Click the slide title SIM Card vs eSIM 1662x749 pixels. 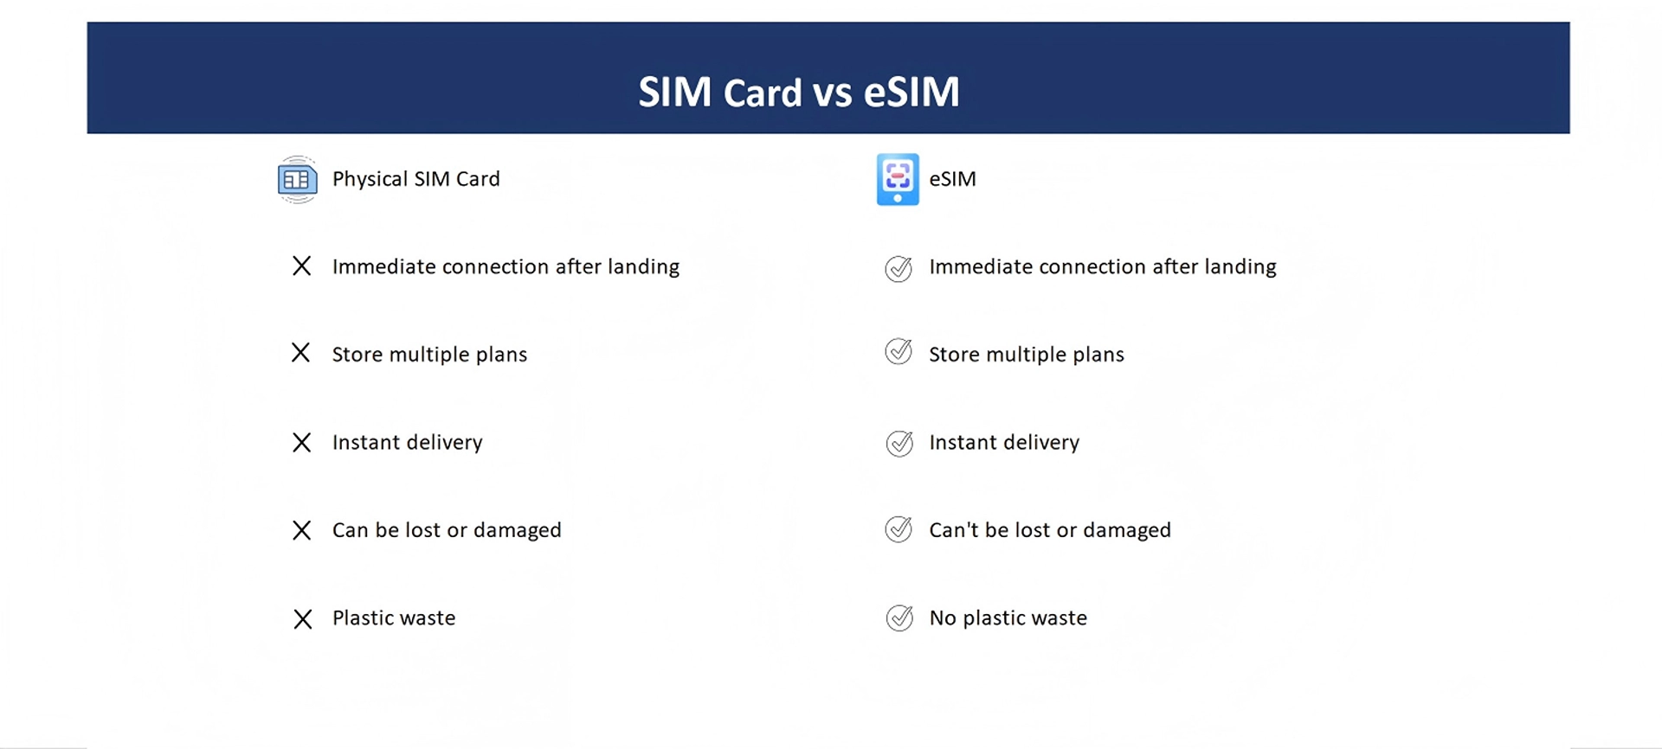pos(799,92)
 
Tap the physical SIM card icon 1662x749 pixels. pos(297,180)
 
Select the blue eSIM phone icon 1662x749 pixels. pos(898,179)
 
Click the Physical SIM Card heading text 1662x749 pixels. pos(416,179)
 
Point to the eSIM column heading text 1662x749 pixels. pos(952,179)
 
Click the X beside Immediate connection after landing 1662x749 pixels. pos(301,266)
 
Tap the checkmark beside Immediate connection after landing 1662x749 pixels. pos(899,268)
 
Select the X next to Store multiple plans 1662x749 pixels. pos(300,353)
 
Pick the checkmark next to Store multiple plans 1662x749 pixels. pos(899,351)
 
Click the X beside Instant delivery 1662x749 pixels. pos(301,442)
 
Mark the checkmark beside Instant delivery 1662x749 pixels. pos(899,443)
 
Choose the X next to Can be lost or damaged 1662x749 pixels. pos(301,530)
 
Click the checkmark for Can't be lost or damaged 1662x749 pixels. pos(899,528)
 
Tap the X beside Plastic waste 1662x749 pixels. pos(302,618)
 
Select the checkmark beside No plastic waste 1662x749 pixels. pos(899,618)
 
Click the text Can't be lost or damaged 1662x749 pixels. pos(1050,529)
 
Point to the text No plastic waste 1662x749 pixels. pos(1008,618)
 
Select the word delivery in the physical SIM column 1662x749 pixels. pos(445,443)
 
